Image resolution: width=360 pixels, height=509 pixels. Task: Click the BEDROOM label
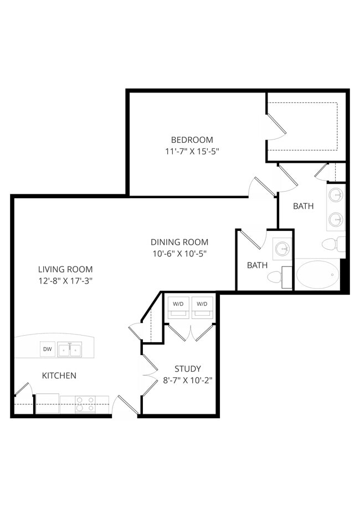pyautogui.click(x=192, y=140)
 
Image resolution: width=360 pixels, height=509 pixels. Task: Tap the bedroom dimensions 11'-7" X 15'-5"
pyautogui.click(x=192, y=152)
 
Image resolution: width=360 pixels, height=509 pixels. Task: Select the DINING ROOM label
pyautogui.click(x=179, y=242)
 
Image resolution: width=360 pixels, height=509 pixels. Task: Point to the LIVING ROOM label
pyautogui.click(x=65, y=269)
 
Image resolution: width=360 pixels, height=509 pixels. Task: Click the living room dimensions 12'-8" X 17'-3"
pyautogui.click(x=65, y=281)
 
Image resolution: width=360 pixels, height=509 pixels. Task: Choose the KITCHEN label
pyautogui.click(x=59, y=376)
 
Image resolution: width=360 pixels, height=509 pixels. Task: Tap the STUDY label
pyautogui.click(x=188, y=369)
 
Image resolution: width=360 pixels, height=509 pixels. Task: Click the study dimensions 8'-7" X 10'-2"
pyautogui.click(x=188, y=381)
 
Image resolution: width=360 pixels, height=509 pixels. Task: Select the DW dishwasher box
pyautogui.click(x=48, y=349)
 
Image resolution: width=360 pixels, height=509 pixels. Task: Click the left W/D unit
pyautogui.click(x=178, y=307)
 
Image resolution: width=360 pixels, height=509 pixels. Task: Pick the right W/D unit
pyautogui.click(x=202, y=307)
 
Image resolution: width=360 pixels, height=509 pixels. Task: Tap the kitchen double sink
pyautogui.click(x=69, y=349)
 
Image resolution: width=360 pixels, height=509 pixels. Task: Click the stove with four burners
pyautogui.click(x=85, y=404)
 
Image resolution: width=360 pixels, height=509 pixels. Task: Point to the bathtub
pyautogui.click(x=317, y=275)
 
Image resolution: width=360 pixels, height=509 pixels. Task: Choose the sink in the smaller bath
pyautogui.click(x=282, y=249)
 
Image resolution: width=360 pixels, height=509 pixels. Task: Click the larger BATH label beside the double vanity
pyautogui.click(x=304, y=206)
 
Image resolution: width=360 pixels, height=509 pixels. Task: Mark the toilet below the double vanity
pyautogui.click(x=333, y=244)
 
